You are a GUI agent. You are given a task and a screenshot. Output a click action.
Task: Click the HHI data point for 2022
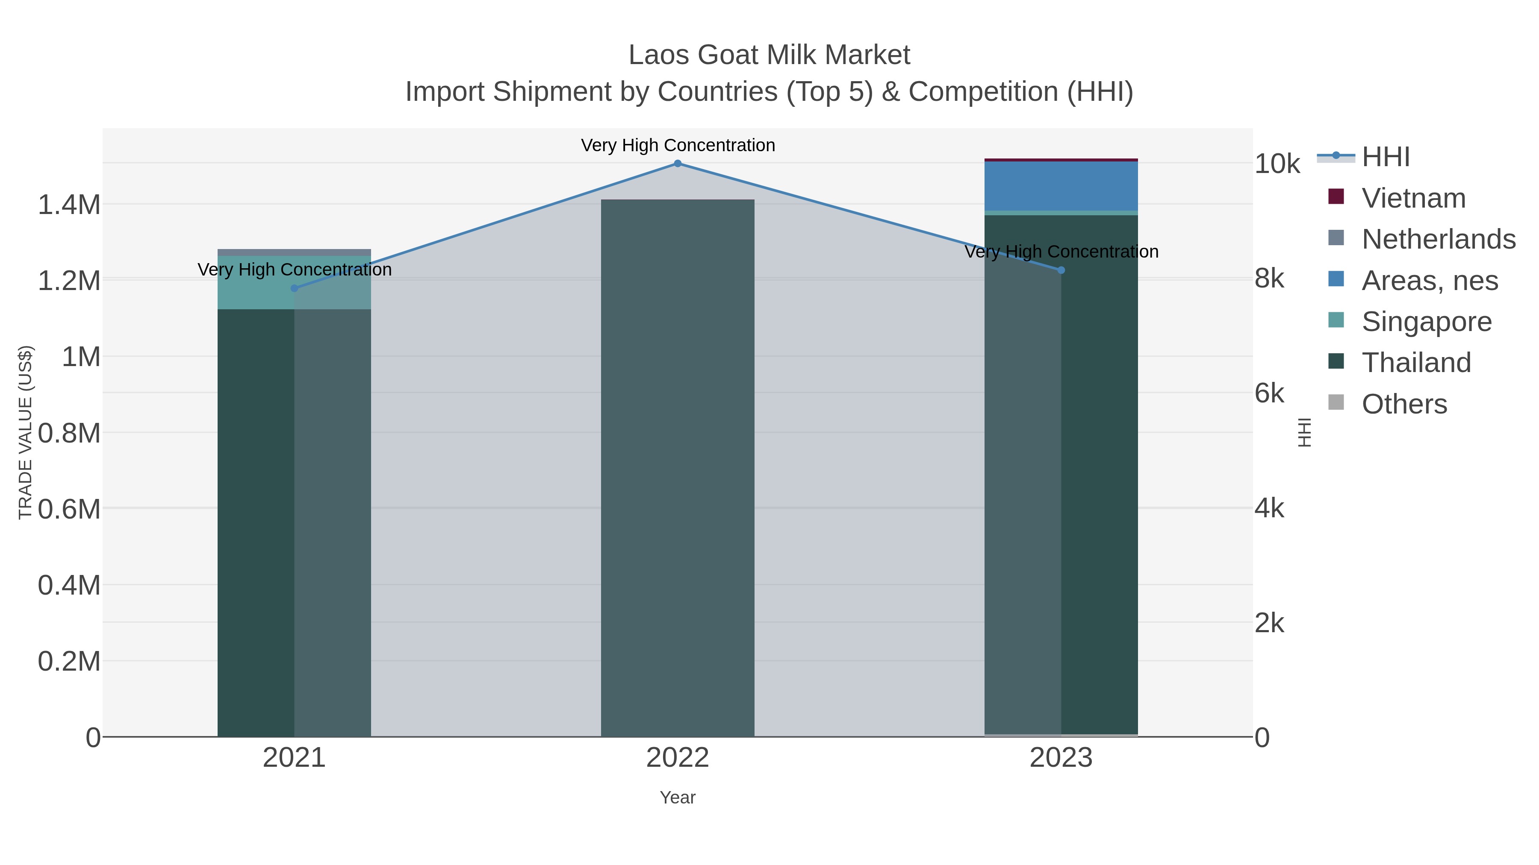click(x=678, y=164)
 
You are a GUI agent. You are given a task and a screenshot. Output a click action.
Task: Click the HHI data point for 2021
click(x=294, y=288)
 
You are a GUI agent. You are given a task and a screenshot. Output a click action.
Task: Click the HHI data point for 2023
click(x=1061, y=270)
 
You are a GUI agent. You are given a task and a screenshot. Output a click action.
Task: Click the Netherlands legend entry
click(x=1438, y=239)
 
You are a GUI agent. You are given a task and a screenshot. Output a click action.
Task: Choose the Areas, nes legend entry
click(x=1429, y=281)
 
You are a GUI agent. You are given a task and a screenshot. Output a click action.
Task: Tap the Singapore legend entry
click(x=1426, y=322)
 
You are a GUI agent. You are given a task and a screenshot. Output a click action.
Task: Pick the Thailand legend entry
click(x=1416, y=363)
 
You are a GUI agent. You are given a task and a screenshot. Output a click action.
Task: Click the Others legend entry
click(x=1404, y=404)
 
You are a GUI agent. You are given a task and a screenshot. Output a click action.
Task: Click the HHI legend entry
click(x=1385, y=157)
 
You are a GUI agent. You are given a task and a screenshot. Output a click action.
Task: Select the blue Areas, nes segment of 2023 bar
click(x=1061, y=186)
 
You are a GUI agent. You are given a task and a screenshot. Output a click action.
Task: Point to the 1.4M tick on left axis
click(x=69, y=205)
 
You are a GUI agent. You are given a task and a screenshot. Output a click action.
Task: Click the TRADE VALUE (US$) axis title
click(x=26, y=432)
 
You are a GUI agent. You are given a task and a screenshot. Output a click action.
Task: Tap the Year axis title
click(x=678, y=798)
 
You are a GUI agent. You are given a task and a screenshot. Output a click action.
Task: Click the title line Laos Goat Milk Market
click(x=769, y=55)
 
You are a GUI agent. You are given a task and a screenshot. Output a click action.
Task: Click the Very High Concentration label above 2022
click(x=678, y=145)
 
